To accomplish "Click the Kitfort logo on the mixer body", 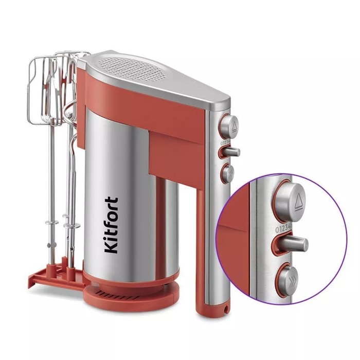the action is point(112,225).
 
